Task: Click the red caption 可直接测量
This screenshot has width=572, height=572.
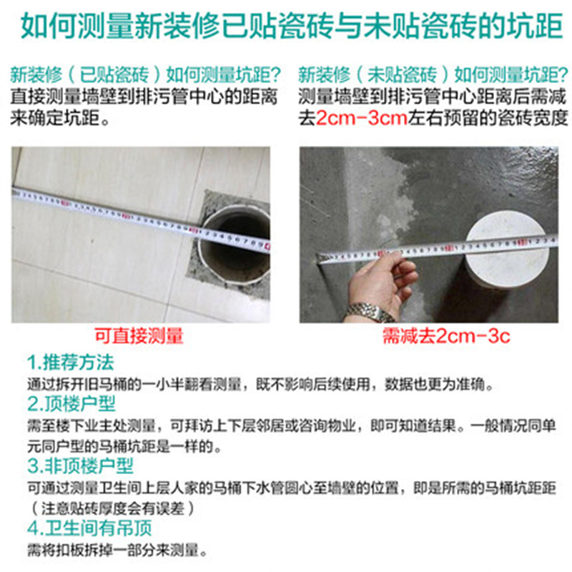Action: click(x=140, y=335)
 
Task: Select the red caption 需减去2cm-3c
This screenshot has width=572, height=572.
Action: click(x=445, y=336)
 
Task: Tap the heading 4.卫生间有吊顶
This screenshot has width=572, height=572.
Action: click(x=89, y=529)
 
